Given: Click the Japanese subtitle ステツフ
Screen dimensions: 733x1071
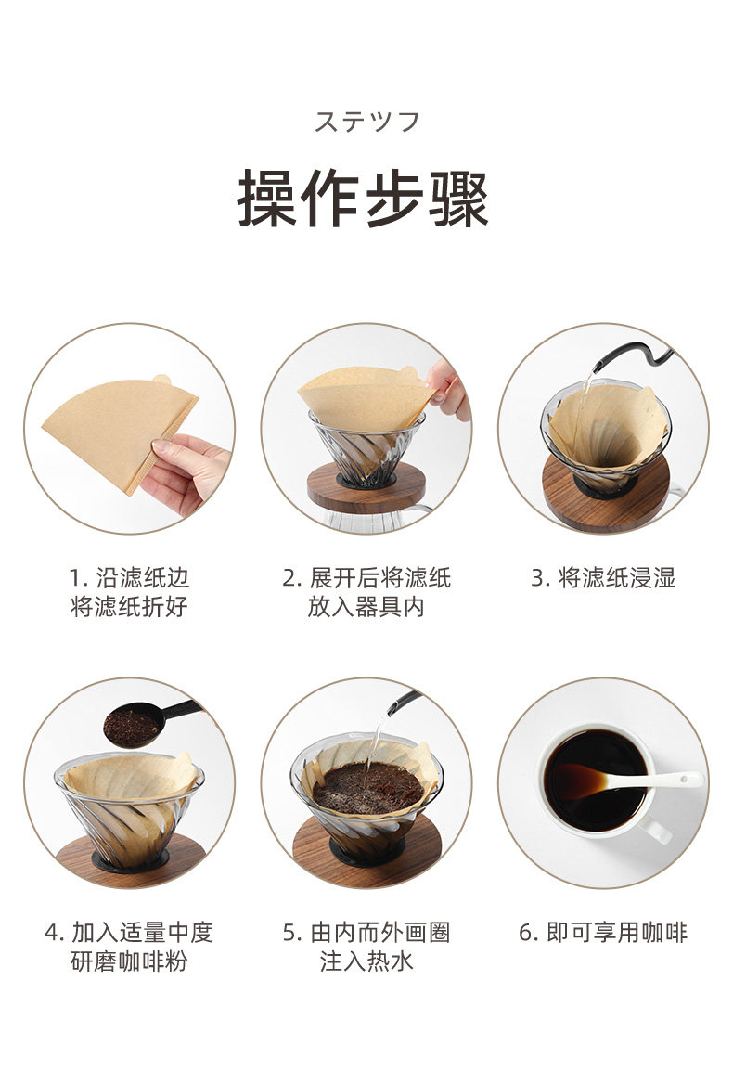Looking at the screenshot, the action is coord(366,122).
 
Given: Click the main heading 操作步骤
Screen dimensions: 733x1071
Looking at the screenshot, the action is coord(364,198).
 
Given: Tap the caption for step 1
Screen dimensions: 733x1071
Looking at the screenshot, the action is coord(129,591).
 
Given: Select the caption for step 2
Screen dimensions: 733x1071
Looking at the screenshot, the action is coord(366,591).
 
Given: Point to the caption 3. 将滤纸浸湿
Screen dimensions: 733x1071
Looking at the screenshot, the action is coord(603,578).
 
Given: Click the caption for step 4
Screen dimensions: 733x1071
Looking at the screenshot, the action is coord(129,947).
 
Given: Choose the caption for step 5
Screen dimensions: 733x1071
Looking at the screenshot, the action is coord(366,947).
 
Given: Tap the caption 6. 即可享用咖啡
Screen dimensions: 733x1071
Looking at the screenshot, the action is coord(603,933).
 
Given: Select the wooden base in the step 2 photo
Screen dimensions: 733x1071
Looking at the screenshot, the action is coord(366,485).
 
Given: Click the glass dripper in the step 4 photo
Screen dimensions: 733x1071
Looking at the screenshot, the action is coord(129,813).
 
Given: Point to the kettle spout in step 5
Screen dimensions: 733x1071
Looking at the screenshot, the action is coord(404,703).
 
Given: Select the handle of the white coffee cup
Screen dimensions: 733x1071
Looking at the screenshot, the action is coord(656,829).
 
